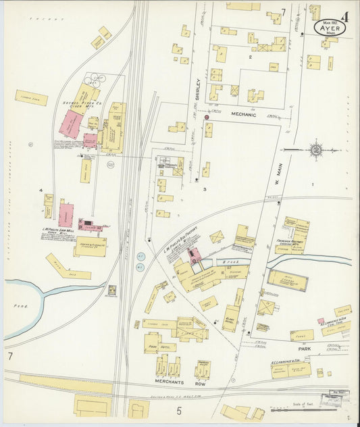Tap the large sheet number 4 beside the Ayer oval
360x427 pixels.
pyautogui.click(x=345, y=16)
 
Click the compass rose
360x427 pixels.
pyautogui.click(x=315, y=149)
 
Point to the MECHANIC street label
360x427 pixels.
pyautogui.click(x=244, y=115)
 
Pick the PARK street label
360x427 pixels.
pyautogui.click(x=305, y=349)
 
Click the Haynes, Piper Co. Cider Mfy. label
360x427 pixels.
pyautogui.click(x=79, y=106)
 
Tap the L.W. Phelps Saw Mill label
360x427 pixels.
pyautogui.click(x=58, y=230)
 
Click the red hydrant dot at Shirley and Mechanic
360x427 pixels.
pyautogui.click(x=207, y=117)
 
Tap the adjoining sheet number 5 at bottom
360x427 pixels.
pyautogui.click(x=179, y=409)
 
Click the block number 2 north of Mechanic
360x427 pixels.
pyautogui.click(x=249, y=57)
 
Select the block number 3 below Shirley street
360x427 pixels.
pyautogui.click(x=204, y=190)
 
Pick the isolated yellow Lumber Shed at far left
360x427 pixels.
pyautogui.click(x=31, y=98)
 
